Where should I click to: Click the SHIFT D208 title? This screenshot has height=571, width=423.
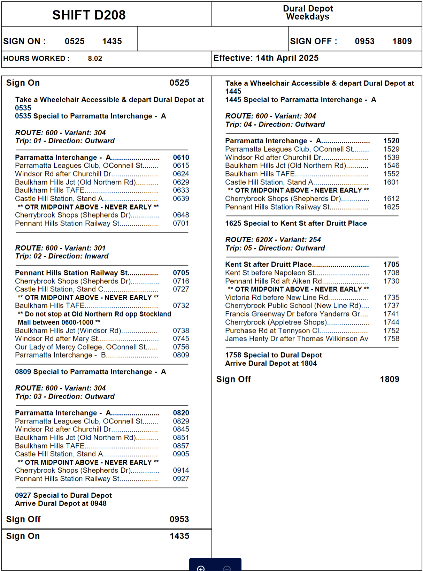click(x=89, y=15)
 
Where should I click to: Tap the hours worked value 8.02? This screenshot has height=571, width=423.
click(x=95, y=59)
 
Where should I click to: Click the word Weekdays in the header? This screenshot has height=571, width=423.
click(x=308, y=17)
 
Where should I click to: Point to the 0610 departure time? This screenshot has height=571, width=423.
click(x=181, y=158)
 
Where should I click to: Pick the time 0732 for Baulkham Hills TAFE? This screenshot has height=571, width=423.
click(x=181, y=306)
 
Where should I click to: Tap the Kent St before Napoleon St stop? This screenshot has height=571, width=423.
click(x=270, y=273)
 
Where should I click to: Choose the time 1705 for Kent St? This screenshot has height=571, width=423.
click(x=391, y=265)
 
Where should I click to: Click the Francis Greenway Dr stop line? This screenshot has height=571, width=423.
click(x=296, y=314)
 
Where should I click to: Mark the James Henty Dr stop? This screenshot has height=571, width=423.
click(x=296, y=339)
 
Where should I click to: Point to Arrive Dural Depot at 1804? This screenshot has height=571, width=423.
click(x=271, y=364)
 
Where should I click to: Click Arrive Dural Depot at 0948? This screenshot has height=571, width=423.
click(x=61, y=504)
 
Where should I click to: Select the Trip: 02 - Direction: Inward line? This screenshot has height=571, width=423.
click(x=62, y=256)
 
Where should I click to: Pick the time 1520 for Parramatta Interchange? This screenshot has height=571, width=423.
click(x=391, y=141)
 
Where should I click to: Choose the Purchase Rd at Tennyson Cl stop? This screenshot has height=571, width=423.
click(x=272, y=331)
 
